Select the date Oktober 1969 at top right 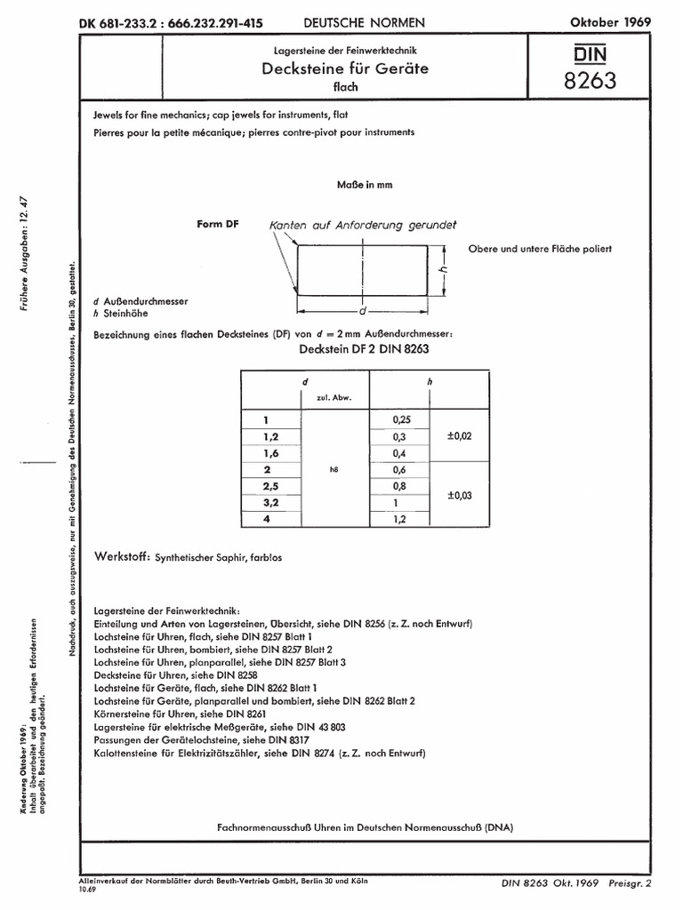(x=610, y=21)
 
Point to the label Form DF (x=218, y=225)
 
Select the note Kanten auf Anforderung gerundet (x=367, y=226)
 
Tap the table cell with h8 (x=334, y=468)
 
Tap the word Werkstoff (x=122, y=555)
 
